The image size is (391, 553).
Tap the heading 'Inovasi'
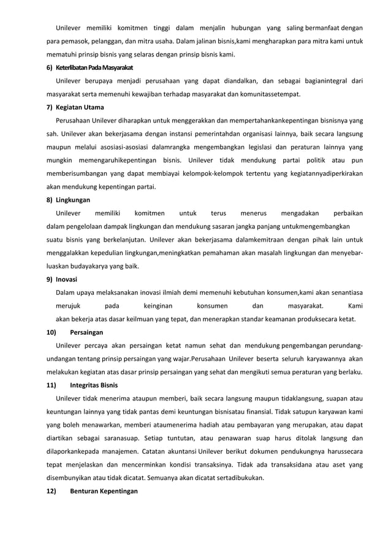(x=66, y=280)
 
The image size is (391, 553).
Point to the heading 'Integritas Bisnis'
(x=94, y=386)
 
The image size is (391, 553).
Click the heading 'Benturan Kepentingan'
(x=104, y=492)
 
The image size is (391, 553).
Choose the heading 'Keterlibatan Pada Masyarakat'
(x=89, y=67)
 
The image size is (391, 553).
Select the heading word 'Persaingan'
(x=86, y=333)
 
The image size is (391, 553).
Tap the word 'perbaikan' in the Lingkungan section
(x=347, y=213)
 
